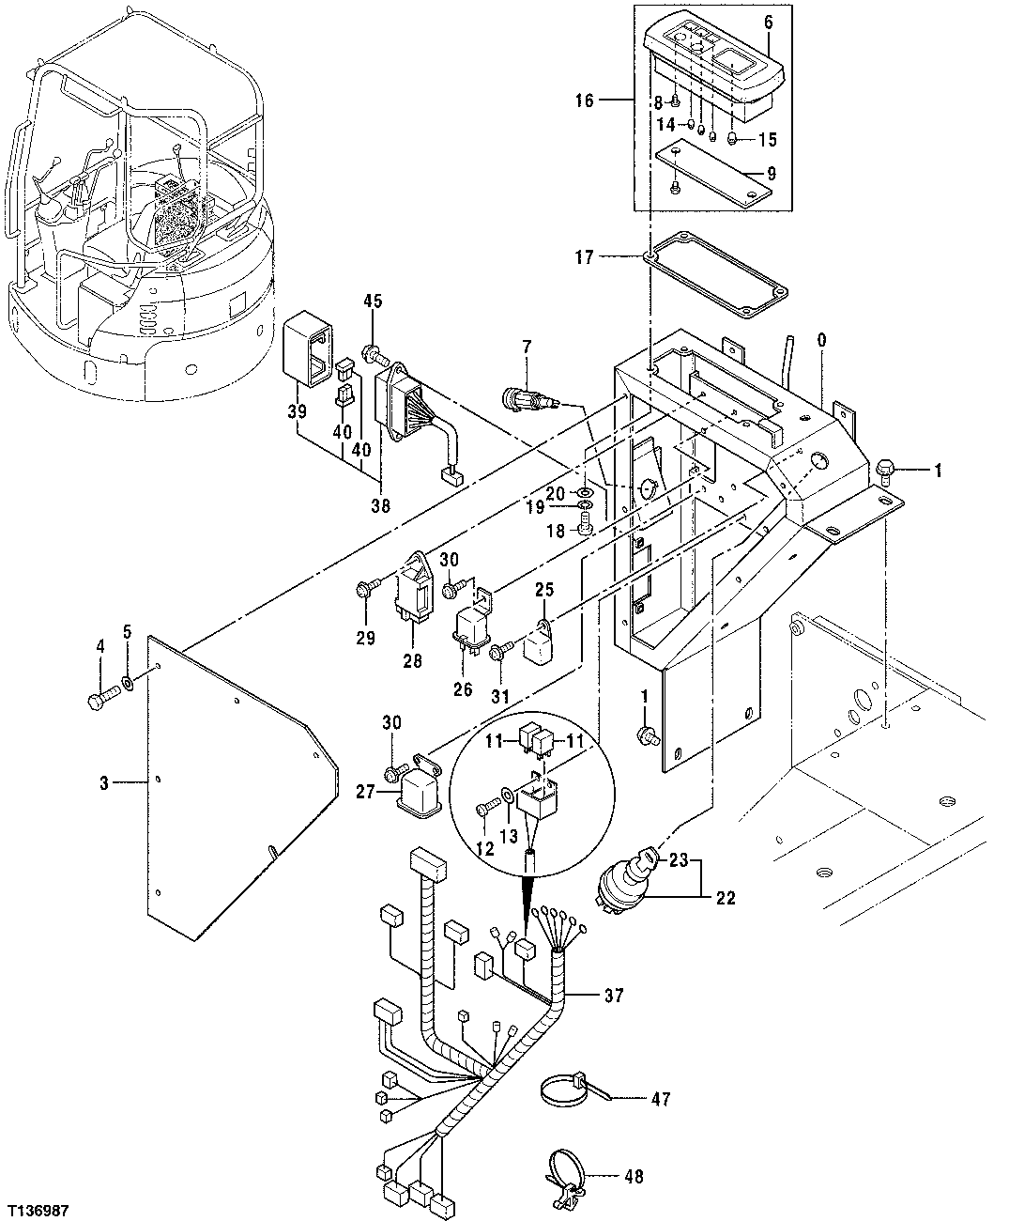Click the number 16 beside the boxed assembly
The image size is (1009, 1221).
(x=584, y=100)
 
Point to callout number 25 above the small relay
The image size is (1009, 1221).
(x=545, y=590)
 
